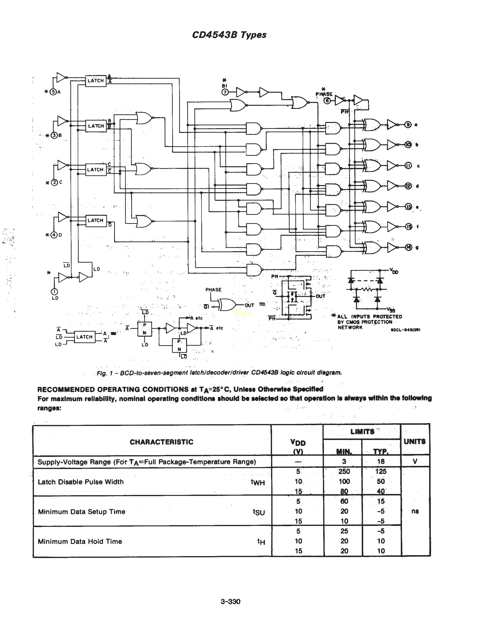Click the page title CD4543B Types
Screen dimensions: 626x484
(x=229, y=35)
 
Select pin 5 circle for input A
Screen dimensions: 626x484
(x=53, y=92)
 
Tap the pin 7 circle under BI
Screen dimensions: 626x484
(x=225, y=92)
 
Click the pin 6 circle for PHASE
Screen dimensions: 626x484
(x=327, y=101)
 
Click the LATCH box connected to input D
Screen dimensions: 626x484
(x=96, y=221)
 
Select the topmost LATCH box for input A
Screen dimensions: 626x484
(x=96, y=81)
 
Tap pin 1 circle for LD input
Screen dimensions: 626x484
(x=54, y=292)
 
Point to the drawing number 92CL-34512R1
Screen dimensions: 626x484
(x=405, y=330)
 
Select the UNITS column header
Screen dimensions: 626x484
(x=414, y=441)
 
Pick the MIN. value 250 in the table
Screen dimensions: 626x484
(x=344, y=472)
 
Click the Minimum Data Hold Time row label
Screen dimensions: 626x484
(x=80, y=541)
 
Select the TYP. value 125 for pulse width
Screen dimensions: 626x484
(x=381, y=472)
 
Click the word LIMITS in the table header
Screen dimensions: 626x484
(x=362, y=432)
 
